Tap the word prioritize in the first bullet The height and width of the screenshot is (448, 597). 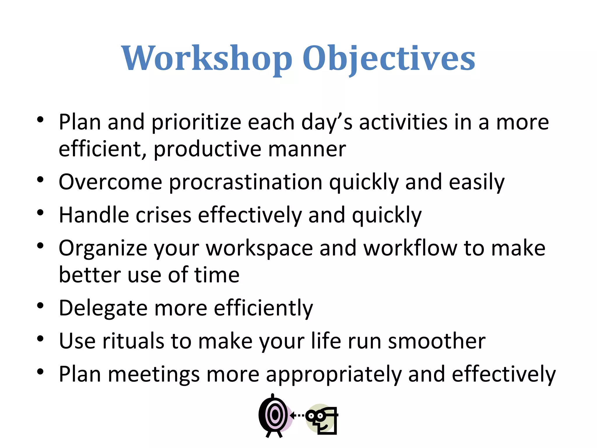tap(196, 123)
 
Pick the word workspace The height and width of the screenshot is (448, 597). tap(259, 249)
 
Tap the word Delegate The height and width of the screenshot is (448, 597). tap(103, 309)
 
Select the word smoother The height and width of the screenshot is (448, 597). tap(437, 341)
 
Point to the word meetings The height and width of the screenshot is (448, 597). tap(154, 374)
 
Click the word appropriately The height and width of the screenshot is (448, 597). tap(333, 374)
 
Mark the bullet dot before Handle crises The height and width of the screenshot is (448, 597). tap(40, 213)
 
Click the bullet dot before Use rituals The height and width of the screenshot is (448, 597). tap(40, 339)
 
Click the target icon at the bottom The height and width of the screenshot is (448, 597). tap(274, 415)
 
